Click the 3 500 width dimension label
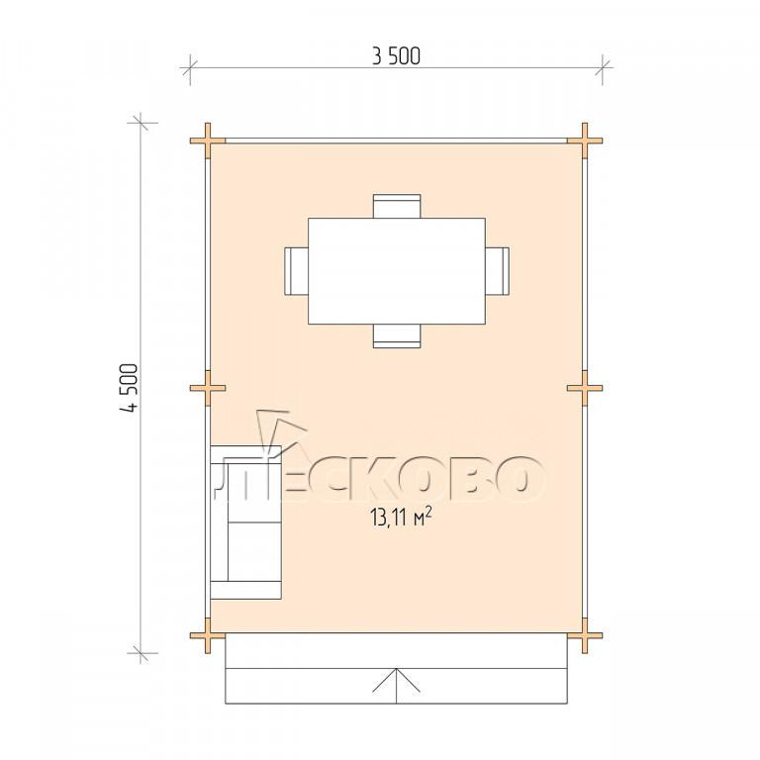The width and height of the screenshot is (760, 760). coord(396,56)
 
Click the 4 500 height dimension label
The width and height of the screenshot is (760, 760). coord(130,388)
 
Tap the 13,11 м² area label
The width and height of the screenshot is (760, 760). coord(401,518)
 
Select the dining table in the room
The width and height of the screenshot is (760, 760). coord(397,271)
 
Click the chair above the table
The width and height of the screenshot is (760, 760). coord(397,206)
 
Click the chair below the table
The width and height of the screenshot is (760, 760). coord(397,335)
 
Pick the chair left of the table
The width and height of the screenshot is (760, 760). coord(296,271)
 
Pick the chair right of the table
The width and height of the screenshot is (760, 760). coord(498,271)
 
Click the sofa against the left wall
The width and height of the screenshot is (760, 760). coord(245,522)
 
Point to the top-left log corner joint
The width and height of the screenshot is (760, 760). coord(208,142)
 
